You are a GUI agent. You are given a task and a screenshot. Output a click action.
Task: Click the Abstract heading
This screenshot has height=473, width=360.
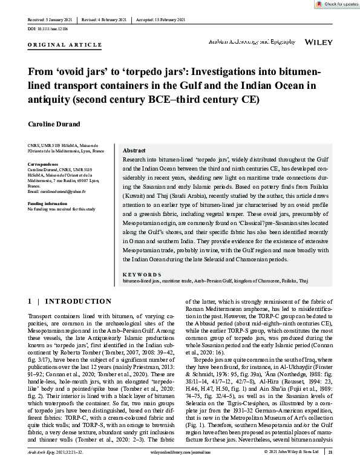[134, 150]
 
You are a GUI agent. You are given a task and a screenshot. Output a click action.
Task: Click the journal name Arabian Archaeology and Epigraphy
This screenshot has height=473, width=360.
[252, 41]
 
